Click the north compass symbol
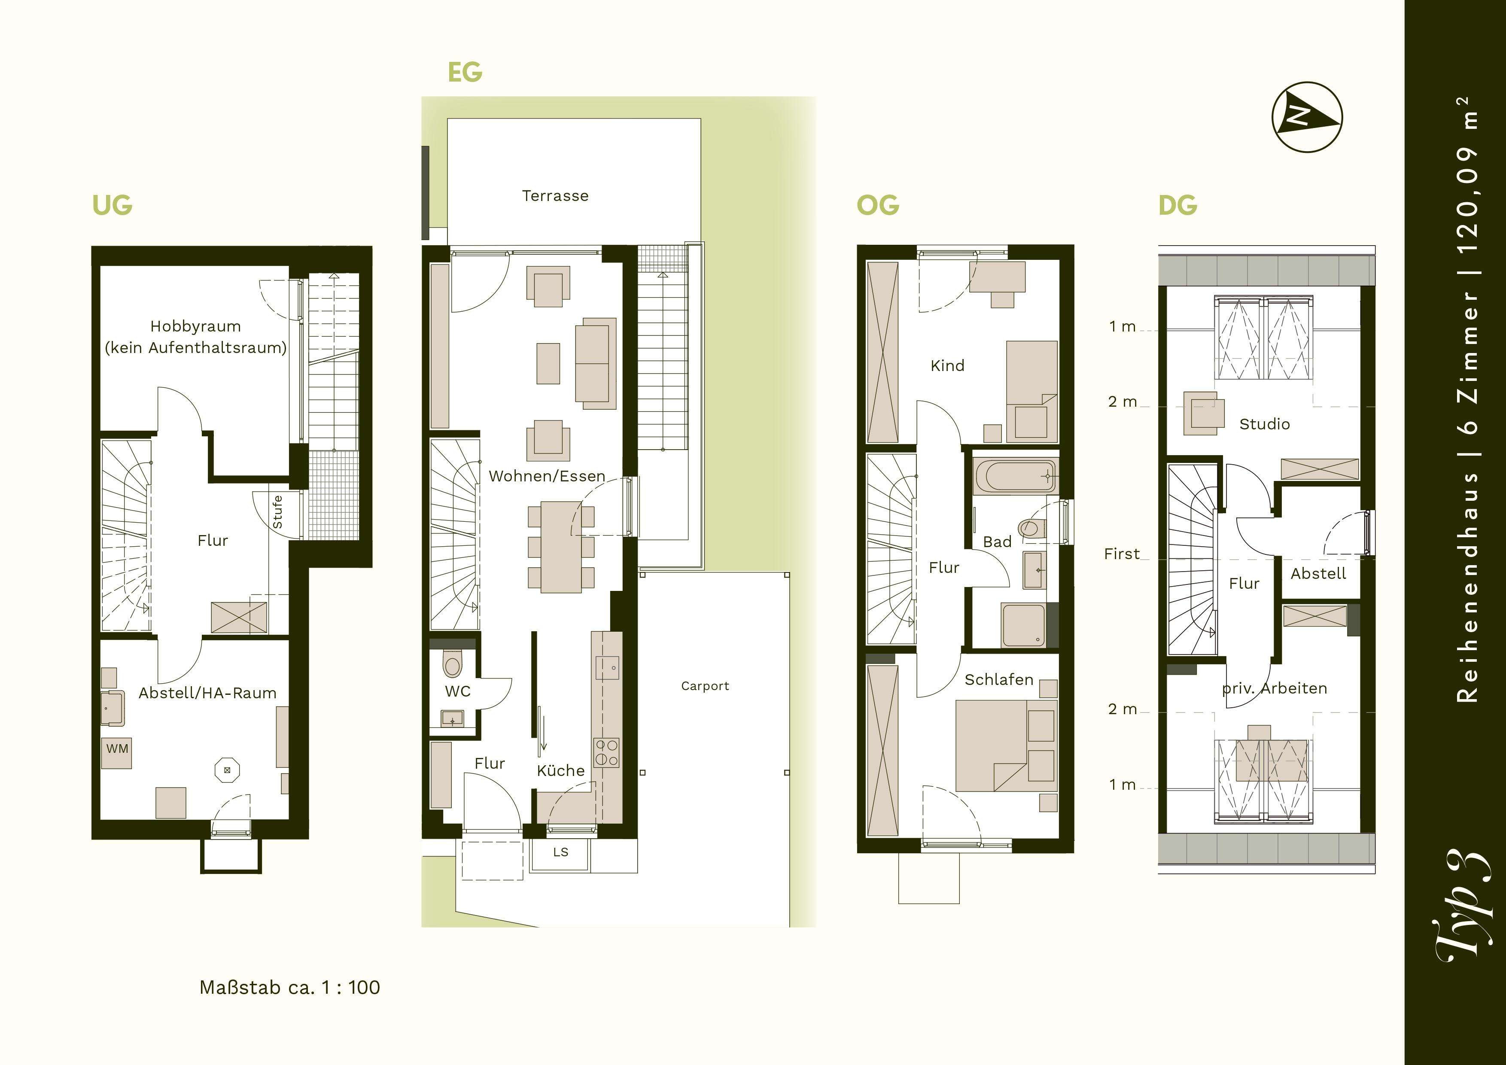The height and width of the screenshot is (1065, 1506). click(x=1307, y=117)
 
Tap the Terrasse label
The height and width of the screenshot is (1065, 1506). click(x=555, y=195)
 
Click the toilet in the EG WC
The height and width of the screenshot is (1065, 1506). click(x=453, y=663)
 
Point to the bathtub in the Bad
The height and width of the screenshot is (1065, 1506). click(x=1015, y=476)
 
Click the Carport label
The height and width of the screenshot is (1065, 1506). click(x=705, y=686)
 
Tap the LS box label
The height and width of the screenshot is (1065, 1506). click(x=560, y=852)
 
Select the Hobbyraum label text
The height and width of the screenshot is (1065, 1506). click(x=195, y=326)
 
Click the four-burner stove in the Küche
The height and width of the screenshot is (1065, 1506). click(x=606, y=752)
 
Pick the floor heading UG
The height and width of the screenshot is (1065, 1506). click(x=112, y=205)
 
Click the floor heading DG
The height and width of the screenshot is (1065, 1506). click(x=1177, y=205)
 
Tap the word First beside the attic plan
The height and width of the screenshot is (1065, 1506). click(x=1122, y=554)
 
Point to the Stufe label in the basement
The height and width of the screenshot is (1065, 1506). click(x=277, y=511)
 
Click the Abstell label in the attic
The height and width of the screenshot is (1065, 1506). click(x=1318, y=574)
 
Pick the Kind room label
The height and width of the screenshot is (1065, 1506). click(x=947, y=365)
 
